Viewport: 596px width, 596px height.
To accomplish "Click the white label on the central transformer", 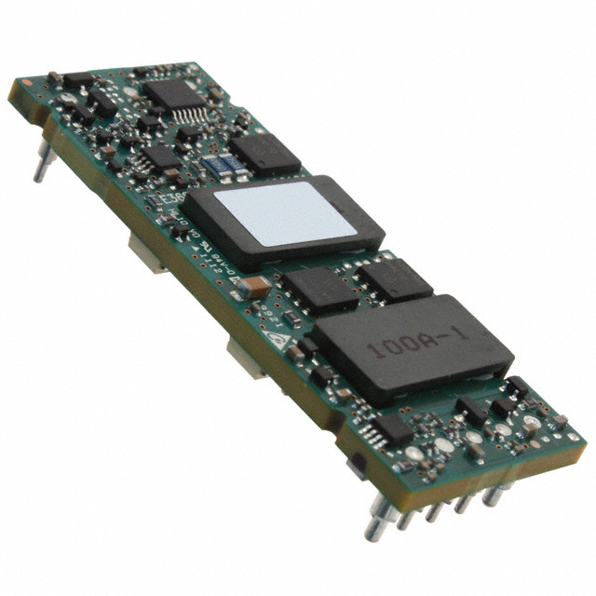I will [x=283, y=214].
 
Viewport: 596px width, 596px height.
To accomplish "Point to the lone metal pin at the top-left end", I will [x=40, y=169].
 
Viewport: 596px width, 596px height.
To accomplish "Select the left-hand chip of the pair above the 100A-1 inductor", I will [x=319, y=290].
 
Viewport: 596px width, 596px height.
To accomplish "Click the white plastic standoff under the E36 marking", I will [x=149, y=251].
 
